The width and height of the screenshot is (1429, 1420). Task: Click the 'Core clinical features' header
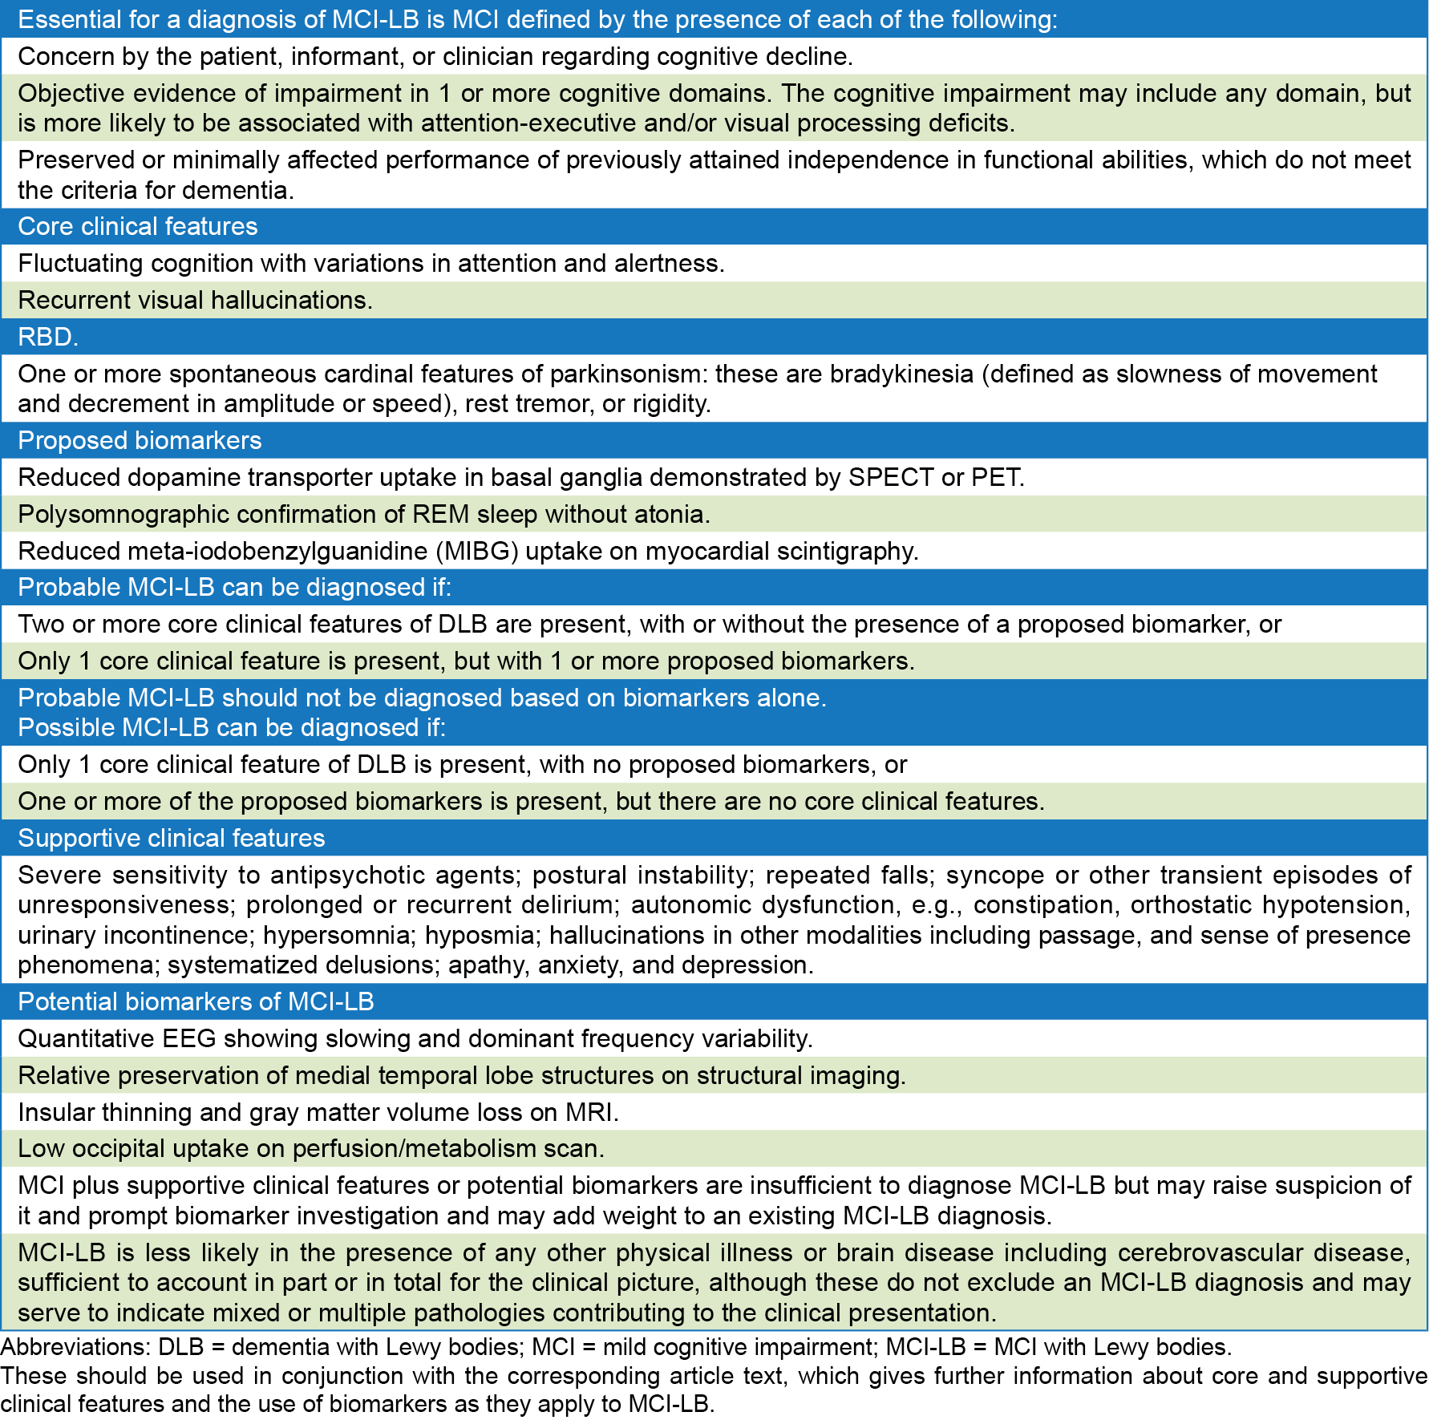137,226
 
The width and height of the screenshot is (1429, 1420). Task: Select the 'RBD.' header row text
48,337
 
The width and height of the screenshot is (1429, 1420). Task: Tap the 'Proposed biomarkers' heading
140,440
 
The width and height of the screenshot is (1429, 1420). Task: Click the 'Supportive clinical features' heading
171,838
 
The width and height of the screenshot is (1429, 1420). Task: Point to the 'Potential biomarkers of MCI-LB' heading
196,1001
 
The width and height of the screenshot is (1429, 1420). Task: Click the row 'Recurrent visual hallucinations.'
195,300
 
